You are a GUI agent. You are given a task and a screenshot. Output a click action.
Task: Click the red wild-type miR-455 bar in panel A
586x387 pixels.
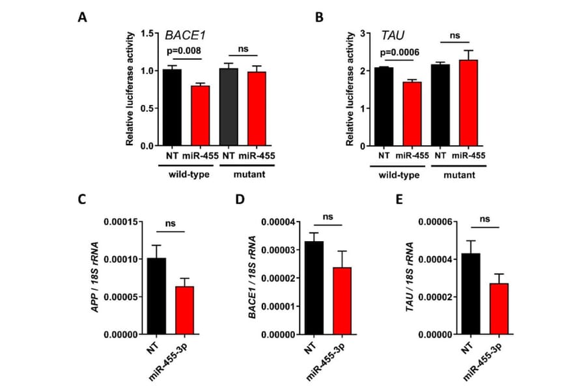tap(200, 115)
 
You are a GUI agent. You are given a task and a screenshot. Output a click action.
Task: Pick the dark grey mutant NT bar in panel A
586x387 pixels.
tap(228, 107)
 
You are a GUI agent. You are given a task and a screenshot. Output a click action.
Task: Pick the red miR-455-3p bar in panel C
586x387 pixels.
tap(185, 310)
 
